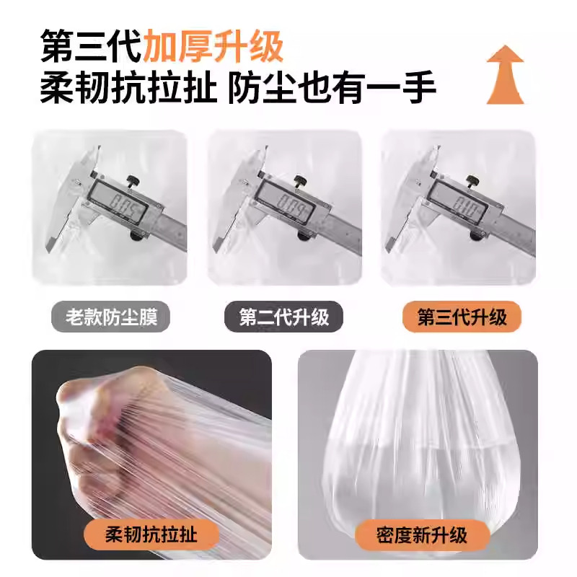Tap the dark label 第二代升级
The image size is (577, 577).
[x=284, y=317]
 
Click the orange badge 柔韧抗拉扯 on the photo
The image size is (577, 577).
[x=151, y=534]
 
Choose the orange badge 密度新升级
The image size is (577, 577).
[x=422, y=534]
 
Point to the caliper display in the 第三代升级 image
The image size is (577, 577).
[x=467, y=206]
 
